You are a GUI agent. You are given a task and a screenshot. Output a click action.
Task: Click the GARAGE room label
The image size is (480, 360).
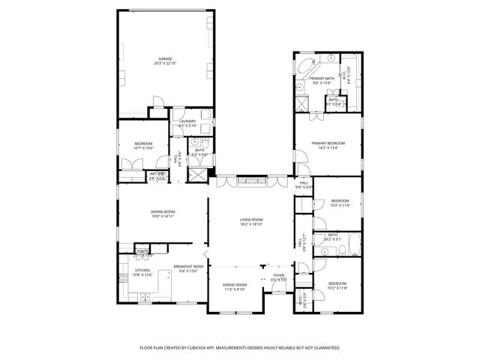(x=165, y=58)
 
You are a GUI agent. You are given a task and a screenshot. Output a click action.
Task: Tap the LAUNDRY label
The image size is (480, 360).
(x=187, y=121)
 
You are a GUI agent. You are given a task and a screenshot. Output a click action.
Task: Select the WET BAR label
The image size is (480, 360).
(x=157, y=175)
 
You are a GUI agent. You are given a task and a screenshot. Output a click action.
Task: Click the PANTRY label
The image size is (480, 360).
(x=142, y=250)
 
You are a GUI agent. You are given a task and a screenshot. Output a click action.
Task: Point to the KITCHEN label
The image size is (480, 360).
(x=142, y=270)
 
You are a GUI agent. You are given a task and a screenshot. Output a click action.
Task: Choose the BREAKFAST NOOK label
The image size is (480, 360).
(x=185, y=266)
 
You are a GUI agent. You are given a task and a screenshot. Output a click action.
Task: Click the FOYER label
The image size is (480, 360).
(x=279, y=275)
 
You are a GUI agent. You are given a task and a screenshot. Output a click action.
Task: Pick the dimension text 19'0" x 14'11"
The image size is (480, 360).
(x=163, y=216)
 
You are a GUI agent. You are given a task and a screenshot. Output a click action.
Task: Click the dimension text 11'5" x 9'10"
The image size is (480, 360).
(x=235, y=289)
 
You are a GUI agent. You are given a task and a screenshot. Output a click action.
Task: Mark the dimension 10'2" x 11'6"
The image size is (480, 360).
(x=340, y=205)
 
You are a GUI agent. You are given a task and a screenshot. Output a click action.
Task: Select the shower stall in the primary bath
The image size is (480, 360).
(x=301, y=103)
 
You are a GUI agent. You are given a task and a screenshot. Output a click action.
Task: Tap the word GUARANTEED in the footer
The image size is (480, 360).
(x=324, y=348)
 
